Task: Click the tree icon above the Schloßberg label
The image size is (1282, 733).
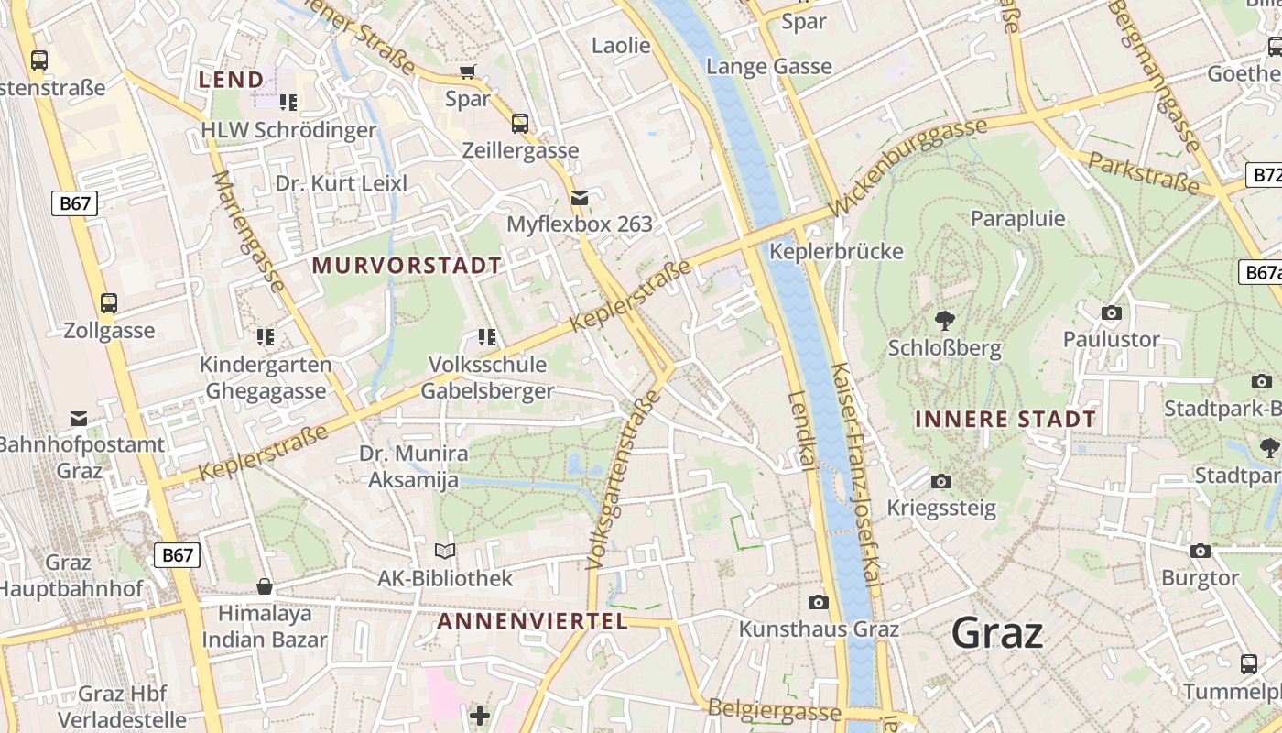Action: click(x=944, y=321)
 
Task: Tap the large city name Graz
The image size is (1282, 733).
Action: click(x=996, y=632)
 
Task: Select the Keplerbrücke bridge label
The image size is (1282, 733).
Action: click(x=836, y=251)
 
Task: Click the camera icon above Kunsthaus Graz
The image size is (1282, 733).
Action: click(x=819, y=602)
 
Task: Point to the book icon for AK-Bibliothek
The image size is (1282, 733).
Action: click(x=445, y=551)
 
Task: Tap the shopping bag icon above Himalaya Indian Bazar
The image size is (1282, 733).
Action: click(x=265, y=585)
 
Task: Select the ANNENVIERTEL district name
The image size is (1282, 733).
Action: click(x=532, y=621)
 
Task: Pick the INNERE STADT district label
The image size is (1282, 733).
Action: click(x=1005, y=420)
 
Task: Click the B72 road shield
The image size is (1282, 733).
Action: click(x=1265, y=175)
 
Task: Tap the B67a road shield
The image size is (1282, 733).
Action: click(x=1261, y=272)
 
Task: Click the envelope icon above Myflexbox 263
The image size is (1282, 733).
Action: click(x=580, y=197)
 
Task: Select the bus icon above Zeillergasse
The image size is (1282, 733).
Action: click(x=520, y=123)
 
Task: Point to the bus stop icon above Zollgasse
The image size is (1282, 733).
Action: click(x=109, y=302)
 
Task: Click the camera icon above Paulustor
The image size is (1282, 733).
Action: click(x=1112, y=313)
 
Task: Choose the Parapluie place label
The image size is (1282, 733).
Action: click(x=1017, y=218)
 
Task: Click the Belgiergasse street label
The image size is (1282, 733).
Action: click(x=774, y=711)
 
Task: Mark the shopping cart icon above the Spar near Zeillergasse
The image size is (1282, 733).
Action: click(x=468, y=71)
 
